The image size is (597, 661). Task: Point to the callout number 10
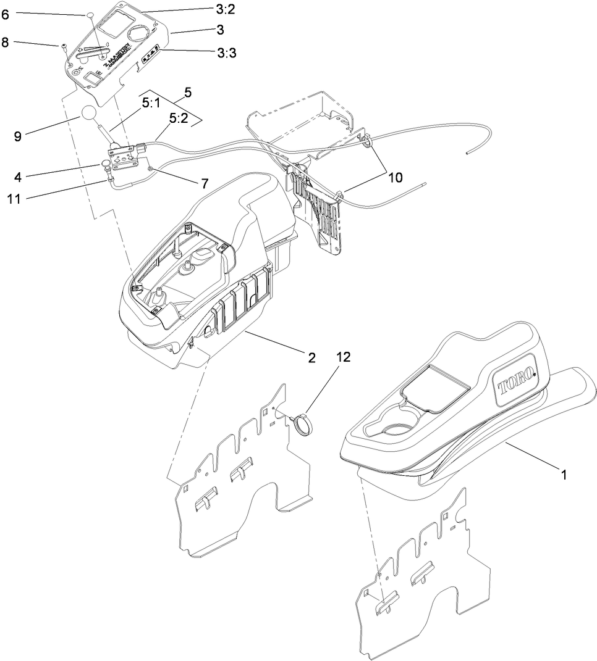click(x=395, y=177)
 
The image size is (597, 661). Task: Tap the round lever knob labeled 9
click(x=88, y=115)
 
